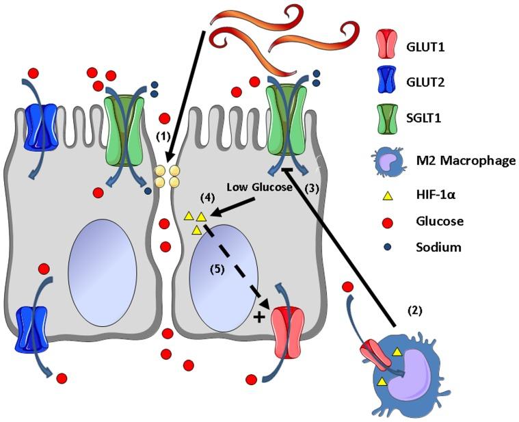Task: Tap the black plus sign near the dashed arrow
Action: point(260,317)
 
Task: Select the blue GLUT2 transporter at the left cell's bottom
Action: point(35,330)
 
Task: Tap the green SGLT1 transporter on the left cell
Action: point(123,122)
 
